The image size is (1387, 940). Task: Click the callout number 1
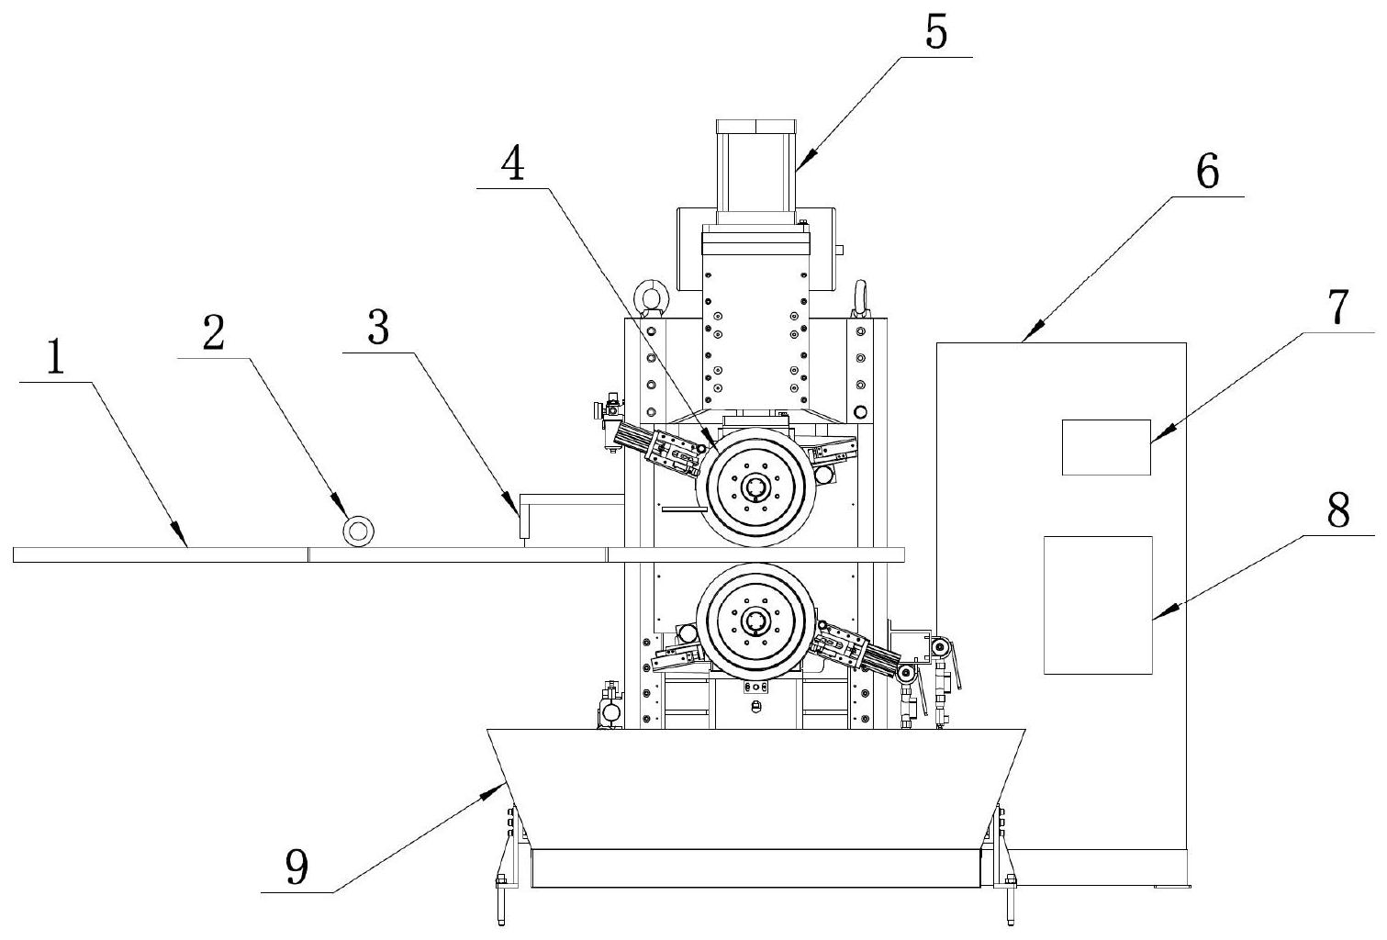pyautogui.click(x=56, y=359)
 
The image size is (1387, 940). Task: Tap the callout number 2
pyautogui.click(x=214, y=333)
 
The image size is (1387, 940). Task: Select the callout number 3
pyautogui.click(x=378, y=328)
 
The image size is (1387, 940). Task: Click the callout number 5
pyautogui.click(x=936, y=33)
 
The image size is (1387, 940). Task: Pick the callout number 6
pyautogui.click(x=1207, y=172)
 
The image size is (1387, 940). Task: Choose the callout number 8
pyautogui.click(x=1338, y=511)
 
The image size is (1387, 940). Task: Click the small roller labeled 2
pyautogui.click(x=359, y=532)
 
